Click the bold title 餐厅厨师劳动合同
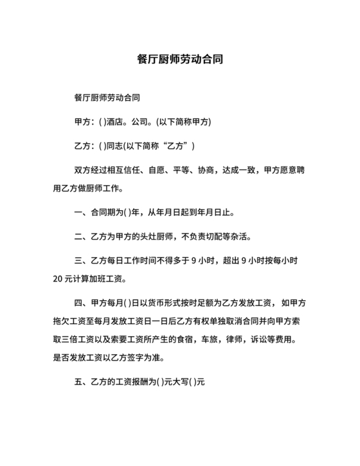pyautogui.click(x=180, y=59)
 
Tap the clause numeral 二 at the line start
pyautogui.click(x=79, y=236)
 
